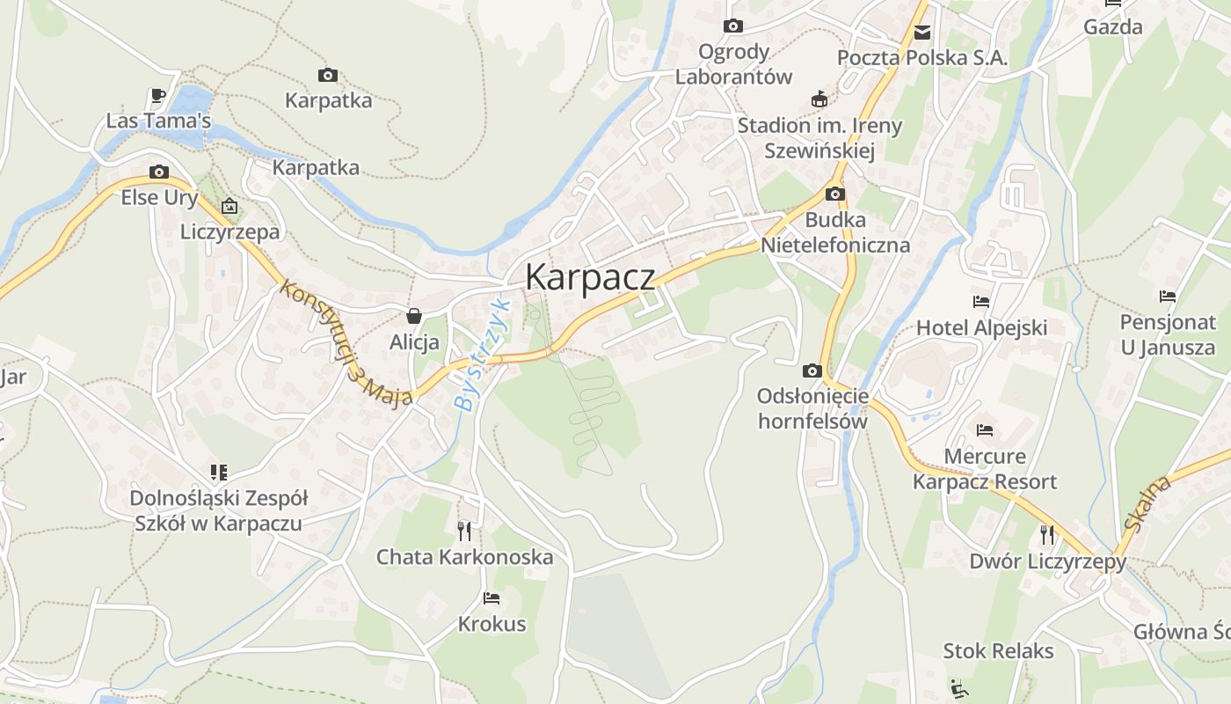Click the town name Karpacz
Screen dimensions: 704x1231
coord(590,276)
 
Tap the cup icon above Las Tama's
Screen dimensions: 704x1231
coord(158,95)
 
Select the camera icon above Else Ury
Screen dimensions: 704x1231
coord(159,172)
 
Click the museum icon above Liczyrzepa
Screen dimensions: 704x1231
coord(229,207)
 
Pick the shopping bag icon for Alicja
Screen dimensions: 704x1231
coord(414,316)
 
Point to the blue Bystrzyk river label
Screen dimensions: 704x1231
coord(482,355)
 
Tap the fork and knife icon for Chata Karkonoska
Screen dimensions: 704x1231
coord(464,531)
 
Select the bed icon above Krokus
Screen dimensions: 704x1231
coord(492,598)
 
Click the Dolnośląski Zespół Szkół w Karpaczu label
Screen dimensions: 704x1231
coord(219,510)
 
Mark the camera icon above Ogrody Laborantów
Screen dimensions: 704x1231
coord(733,26)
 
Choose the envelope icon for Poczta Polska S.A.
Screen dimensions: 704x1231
coord(921,33)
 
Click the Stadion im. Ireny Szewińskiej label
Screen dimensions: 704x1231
coord(819,138)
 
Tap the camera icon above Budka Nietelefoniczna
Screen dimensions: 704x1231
coord(835,194)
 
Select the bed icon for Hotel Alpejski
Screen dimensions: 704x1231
coord(981,302)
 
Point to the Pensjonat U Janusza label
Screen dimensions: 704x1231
coord(1168,334)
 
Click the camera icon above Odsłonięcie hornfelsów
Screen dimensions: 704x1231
coord(812,370)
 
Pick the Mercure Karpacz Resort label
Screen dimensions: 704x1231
coord(985,469)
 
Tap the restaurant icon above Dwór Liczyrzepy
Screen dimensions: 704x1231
coord(1047,534)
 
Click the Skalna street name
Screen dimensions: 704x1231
coord(1148,503)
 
